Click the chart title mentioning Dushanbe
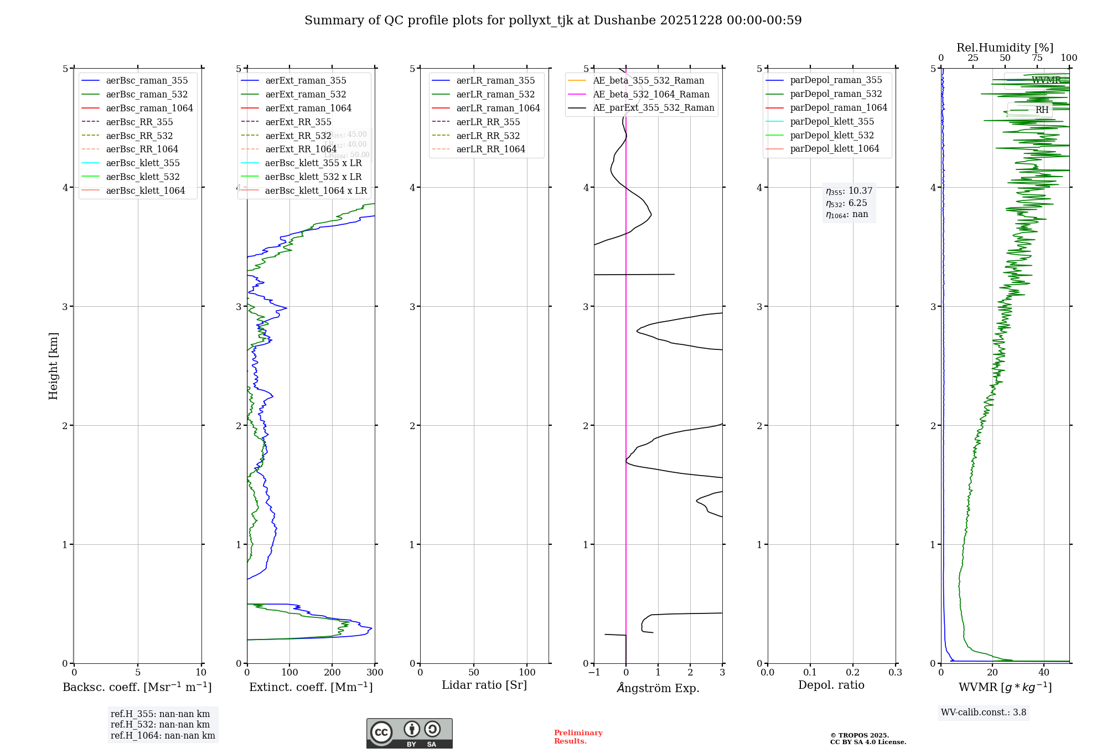pos(553,20)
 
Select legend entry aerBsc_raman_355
pos(147,81)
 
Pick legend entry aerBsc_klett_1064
pos(145,191)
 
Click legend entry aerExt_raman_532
pos(306,95)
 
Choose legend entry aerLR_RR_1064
pos(490,149)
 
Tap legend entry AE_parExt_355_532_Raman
pos(653,108)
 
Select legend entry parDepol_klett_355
pos(832,122)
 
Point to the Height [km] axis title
pos(53,366)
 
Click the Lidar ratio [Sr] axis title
pos(484,685)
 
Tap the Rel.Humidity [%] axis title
pos(1005,48)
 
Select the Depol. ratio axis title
pos(831,685)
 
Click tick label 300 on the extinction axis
pos(375,673)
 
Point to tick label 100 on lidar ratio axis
pos(527,673)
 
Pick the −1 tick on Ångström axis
pos(594,673)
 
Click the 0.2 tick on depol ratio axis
pos(853,673)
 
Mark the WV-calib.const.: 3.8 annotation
pos(984,713)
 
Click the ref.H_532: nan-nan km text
pos(160,725)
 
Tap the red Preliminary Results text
pos(578,737)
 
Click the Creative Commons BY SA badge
pos(409,734)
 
